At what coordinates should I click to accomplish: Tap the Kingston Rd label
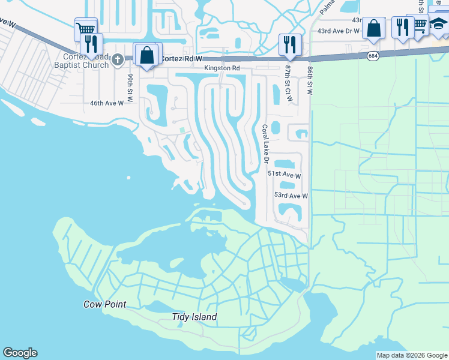click(x=221, y=68)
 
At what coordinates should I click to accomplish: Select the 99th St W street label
click(x=129, y=85)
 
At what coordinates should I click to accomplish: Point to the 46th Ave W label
click(x=106, y=103)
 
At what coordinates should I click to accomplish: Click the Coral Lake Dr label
click(x=264, y=143)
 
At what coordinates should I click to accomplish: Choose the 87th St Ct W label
click(x=289, y=83)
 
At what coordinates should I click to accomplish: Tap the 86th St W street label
click(x=310, y=80)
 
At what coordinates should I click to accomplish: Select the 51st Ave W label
click(x=284, y=175)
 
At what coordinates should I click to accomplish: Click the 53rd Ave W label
click(x=291, y=196)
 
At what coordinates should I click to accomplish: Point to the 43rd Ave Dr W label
click(x=338, y=31)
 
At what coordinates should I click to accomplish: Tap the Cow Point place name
click(x=104, y=304)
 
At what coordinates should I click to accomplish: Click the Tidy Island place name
click(x=194, y=317)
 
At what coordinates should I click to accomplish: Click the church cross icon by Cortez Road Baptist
click(x=118, y=59)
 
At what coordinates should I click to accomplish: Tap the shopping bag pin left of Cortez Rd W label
click(x=147, y=55)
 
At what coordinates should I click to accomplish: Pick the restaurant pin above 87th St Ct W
click(x=290, y=43)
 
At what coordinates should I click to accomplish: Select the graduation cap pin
click(x=439, y=25)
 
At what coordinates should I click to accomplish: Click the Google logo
click(x=20, y=353)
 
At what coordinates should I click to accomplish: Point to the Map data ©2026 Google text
click(x=411, y=355)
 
